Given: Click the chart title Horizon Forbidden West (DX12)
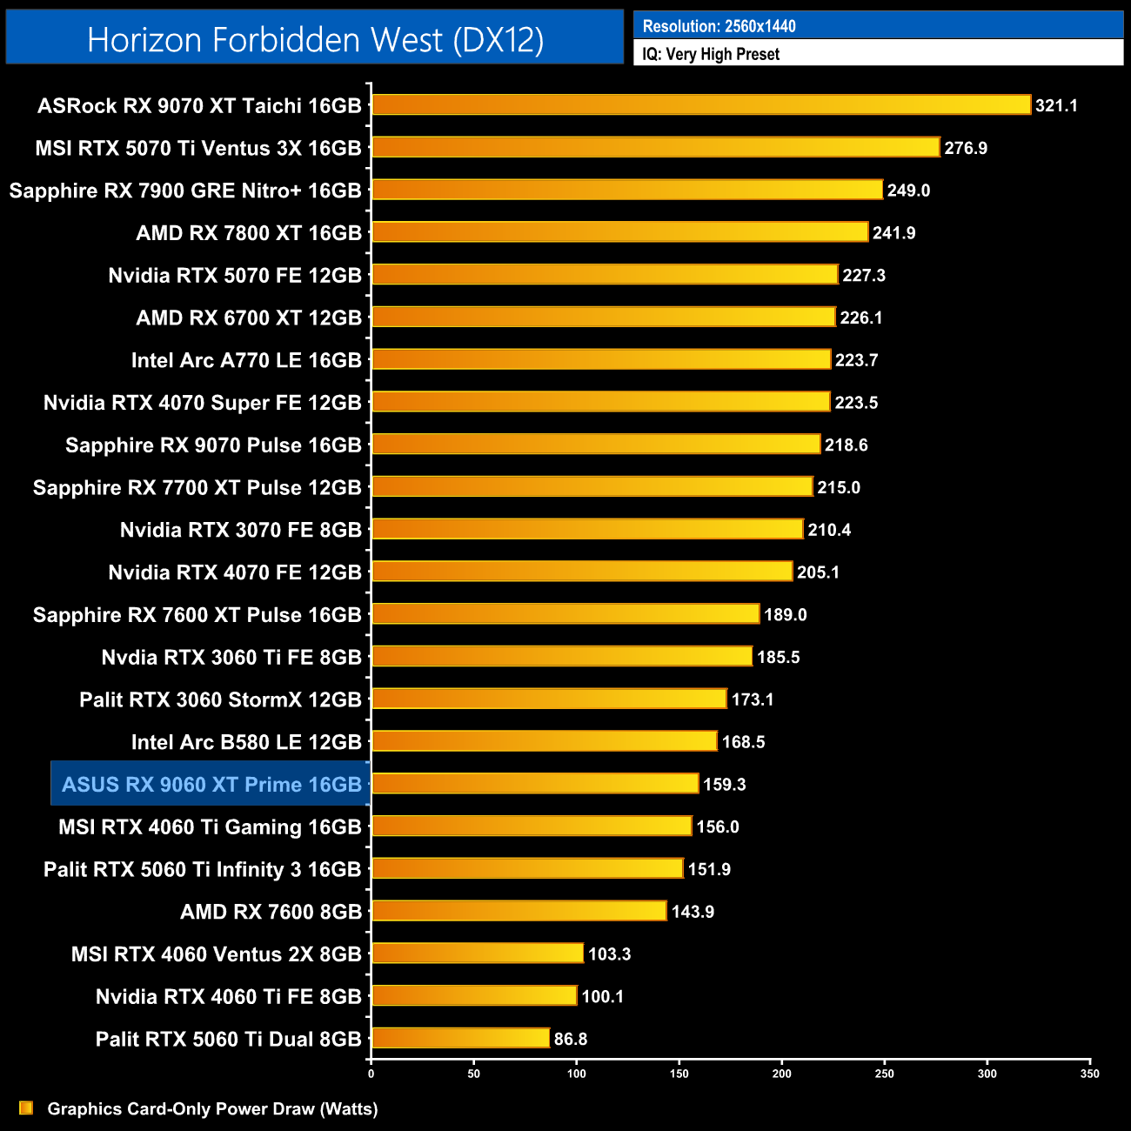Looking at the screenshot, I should click(x=315, y=40).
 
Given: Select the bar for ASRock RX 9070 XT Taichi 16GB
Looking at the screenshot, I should click(x=700, y=105).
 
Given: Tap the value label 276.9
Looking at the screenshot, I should click(x=966, y=148).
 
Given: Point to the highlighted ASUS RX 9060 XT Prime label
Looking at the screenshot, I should click(x=211, y=785).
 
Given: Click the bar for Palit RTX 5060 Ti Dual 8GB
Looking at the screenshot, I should click(x=460, y=1039).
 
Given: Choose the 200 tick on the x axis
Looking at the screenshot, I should click(x=781, y=1074).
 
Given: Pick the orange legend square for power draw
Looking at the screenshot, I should click(x=26, y=1108).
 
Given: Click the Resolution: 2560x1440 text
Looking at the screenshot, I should click(x=719, y=26).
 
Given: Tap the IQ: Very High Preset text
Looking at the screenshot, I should click(x=711, y=54).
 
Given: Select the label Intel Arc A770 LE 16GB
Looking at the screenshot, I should click(x=246, y=360).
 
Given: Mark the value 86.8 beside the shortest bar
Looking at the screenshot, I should click(x=571, y=1039).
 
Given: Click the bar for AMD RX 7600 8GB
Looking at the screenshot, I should click(x=519, y=911).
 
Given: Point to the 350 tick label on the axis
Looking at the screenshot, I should click(x=1089, y=1074).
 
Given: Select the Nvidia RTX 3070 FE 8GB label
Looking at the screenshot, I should click(x=240, y=530).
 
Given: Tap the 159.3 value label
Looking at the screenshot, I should click(x=725, y=785).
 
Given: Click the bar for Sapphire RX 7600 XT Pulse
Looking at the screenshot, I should click(x=565, y=614).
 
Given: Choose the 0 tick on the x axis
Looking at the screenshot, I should click(x=371, y=1074).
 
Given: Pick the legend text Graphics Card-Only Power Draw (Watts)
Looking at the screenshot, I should click(x=212, y=1108).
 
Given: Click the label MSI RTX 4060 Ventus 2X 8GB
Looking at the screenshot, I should click(x=216, y=954).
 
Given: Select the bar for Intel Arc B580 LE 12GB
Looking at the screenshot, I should click(x=544, y=741).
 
